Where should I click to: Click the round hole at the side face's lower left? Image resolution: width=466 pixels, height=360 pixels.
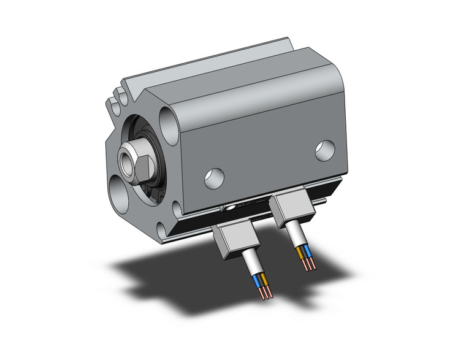coord(214,177)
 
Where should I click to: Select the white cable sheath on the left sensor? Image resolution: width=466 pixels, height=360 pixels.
coord(253,264)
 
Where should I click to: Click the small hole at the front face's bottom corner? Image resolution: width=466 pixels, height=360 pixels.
coord(160,231)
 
